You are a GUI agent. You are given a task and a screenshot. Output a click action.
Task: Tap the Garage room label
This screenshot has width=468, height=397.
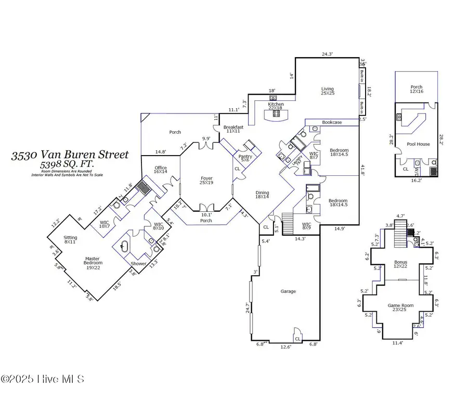[288, 291]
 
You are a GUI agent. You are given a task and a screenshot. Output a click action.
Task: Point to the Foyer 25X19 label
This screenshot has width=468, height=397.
[207, 181]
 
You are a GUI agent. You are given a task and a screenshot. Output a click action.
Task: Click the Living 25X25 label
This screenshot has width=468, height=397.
[327, 92]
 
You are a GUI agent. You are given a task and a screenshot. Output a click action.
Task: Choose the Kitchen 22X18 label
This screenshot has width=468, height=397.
[276, 107]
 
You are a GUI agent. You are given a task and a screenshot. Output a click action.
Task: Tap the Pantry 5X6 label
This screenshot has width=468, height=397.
[245, 158]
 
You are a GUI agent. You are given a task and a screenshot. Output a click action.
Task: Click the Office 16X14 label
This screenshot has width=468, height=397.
[160, 169]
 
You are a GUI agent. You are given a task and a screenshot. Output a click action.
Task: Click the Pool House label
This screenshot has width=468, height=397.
[418, 144]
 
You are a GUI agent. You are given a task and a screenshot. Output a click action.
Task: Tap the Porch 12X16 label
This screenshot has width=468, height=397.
[416, 89]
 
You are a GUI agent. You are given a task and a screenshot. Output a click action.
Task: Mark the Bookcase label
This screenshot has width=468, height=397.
[332, 122]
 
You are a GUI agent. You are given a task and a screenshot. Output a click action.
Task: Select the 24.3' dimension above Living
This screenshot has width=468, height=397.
[327, 54]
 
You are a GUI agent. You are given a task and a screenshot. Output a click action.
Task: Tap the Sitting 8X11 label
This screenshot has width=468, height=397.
[70, 239]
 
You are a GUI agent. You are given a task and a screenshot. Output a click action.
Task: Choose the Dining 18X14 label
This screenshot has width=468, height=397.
[262, 195]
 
